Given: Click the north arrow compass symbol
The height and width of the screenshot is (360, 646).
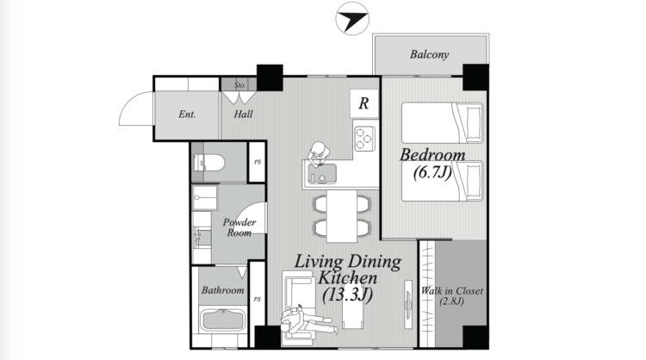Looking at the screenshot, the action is tap(352, 19).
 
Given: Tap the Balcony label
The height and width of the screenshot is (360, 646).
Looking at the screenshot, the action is tap(429, 54).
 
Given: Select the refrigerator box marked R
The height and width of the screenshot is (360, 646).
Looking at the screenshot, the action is tap(364, 103).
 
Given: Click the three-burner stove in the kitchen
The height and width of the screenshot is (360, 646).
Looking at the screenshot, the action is tap(364, 139).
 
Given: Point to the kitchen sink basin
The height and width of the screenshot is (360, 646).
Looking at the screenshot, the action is tap(322, 174).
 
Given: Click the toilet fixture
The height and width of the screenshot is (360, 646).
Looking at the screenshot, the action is tap(209, 163).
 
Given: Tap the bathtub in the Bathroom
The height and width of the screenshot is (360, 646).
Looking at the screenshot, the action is tap(222, 320).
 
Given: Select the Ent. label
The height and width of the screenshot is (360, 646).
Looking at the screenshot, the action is tap(187, 114).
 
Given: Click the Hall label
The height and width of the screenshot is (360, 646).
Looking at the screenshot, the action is tap(243, 114).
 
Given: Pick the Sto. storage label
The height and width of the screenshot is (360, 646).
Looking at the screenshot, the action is tap(239, 85).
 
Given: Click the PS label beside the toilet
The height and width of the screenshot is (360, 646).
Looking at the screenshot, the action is tap(258, 162).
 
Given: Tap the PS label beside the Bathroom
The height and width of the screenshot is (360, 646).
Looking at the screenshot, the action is tap(258, 299).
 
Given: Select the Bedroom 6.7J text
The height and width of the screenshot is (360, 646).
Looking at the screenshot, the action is tap(432, 163).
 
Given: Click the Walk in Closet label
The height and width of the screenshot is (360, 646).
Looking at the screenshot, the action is tap(451, 295).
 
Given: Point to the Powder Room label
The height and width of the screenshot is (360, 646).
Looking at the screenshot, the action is tap(239, 227).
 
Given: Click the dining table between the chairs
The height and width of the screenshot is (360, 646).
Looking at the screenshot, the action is tap(342, 216).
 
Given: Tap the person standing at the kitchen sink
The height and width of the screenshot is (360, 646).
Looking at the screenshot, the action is tap(318, 154).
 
